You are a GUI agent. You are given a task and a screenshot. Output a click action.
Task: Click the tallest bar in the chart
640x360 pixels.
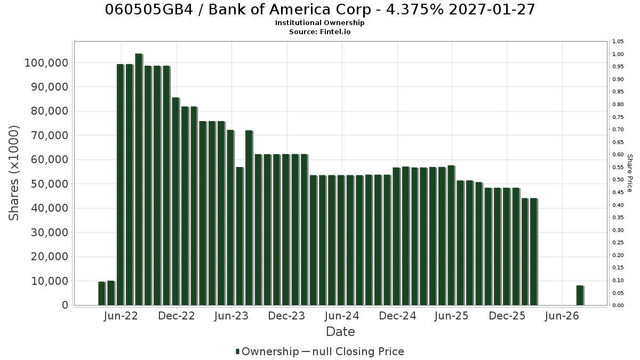[139, 179]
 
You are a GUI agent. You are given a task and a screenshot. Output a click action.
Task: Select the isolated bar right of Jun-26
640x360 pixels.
[580, 295]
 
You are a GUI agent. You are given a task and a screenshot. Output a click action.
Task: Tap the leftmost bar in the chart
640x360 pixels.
[102, 293]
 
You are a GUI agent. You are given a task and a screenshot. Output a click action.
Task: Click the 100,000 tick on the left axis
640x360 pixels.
[47, 63]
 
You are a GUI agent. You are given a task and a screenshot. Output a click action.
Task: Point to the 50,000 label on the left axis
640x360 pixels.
[50, 184]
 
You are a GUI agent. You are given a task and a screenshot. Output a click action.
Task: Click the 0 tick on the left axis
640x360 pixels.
[66, 305]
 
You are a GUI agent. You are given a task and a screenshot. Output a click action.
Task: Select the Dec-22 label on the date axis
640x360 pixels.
[177, 316]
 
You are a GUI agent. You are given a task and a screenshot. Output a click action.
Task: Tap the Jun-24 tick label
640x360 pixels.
[342, 316]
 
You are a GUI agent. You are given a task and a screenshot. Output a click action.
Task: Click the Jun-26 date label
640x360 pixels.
[562, 316]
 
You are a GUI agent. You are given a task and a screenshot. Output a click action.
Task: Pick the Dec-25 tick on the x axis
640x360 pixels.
[507, 316]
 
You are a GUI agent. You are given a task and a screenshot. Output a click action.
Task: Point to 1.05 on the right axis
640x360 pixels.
[618, 42]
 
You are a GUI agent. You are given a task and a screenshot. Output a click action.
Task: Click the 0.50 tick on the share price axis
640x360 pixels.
[618, 180]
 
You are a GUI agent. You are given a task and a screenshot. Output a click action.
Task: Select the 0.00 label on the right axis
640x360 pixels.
[618, 306]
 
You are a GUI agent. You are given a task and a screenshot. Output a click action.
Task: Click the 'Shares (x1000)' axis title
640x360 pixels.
[13, 173]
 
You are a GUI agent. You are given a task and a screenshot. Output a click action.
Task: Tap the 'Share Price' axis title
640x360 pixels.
[630, 173]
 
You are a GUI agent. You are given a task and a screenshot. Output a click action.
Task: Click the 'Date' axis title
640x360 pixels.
[340, 332]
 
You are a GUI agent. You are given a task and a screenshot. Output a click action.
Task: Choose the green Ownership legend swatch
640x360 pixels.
[237, 351]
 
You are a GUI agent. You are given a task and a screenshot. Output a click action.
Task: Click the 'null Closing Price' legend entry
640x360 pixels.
[358, 351]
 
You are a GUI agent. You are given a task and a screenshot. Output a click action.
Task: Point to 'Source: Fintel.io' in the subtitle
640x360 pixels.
[319, 31]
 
